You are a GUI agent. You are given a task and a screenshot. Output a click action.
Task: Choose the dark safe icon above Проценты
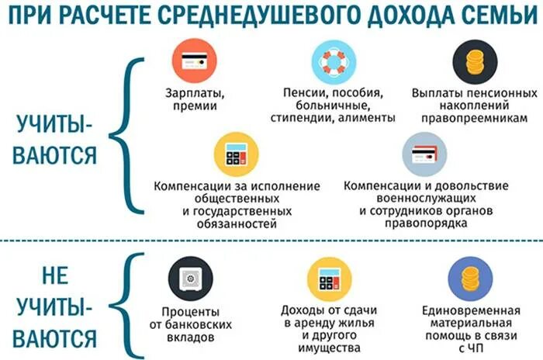[x=189, y=278]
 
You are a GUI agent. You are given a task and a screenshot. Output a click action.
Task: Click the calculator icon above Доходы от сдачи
[x=330, y=278]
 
